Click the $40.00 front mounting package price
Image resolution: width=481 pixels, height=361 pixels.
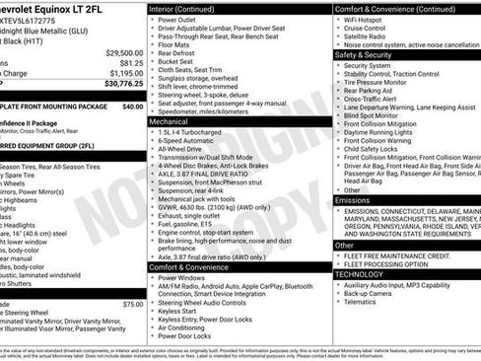coord(131,105)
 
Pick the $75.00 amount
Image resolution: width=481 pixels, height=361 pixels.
coord(132,305)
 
